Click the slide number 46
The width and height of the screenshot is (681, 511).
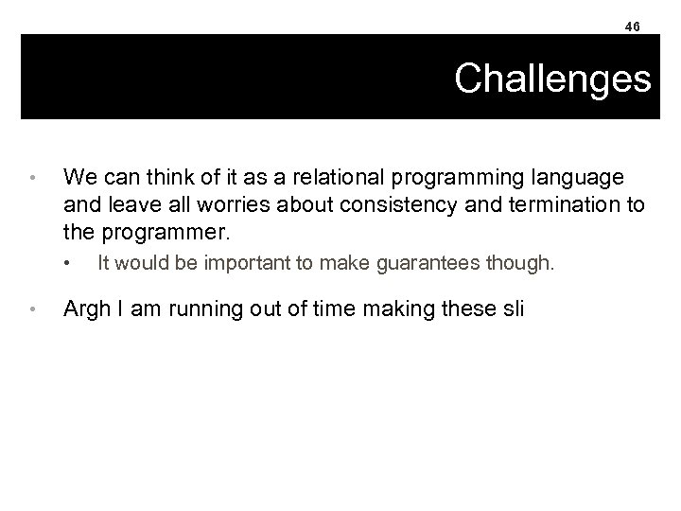click(x=633, y=26)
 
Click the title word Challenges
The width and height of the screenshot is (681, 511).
click(x=552, y=79)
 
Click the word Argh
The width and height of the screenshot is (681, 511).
click(x=84, y=308)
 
